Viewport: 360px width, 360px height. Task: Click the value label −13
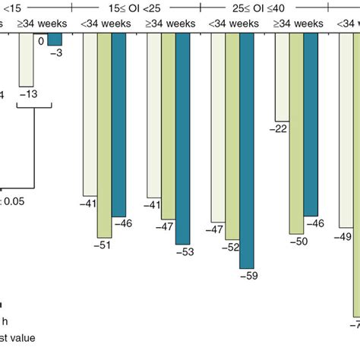28,93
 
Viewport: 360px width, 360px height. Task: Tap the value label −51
103,245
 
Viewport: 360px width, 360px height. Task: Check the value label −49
344,237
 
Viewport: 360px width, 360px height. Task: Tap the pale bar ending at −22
282,76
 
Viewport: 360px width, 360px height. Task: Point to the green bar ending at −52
232,137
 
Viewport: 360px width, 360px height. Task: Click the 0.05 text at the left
13,201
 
